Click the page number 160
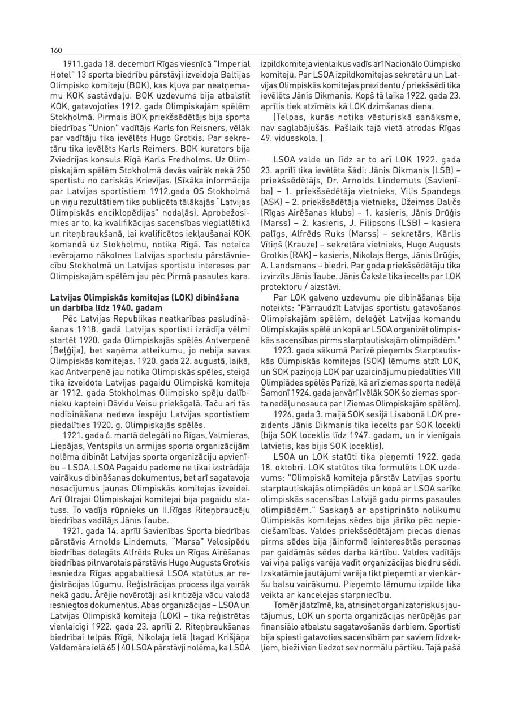point(55,50)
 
